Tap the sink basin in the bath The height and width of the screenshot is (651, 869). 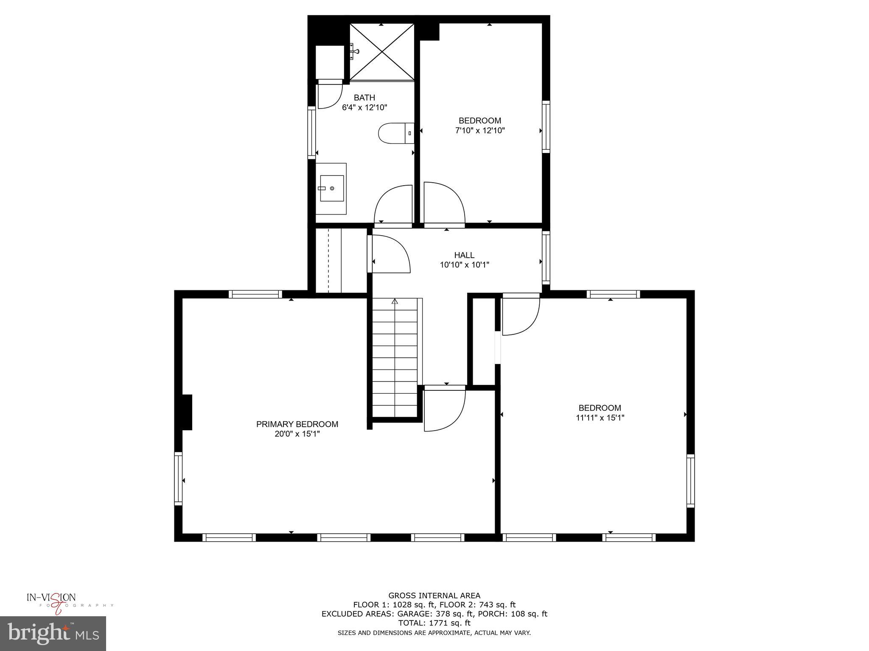click(331, 188)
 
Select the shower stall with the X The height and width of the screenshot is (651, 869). click(382, 52)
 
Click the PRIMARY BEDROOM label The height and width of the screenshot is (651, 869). click(297, 424)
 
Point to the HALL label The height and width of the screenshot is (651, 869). click(464, 255)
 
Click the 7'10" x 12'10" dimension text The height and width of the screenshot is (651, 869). click(480, 131)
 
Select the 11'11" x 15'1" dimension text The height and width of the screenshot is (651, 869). click(600, 417)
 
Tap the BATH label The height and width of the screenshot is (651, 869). click(364, 98)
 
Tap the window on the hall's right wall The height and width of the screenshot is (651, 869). click(546, 257)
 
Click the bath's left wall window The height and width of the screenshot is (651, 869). click(311, 133)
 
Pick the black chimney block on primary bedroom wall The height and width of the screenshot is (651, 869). click(187, 412)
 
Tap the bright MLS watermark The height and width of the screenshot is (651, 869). click(53, 634)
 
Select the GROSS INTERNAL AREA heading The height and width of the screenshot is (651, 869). click(434, 595)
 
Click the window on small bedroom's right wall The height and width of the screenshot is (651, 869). click(546, 126)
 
